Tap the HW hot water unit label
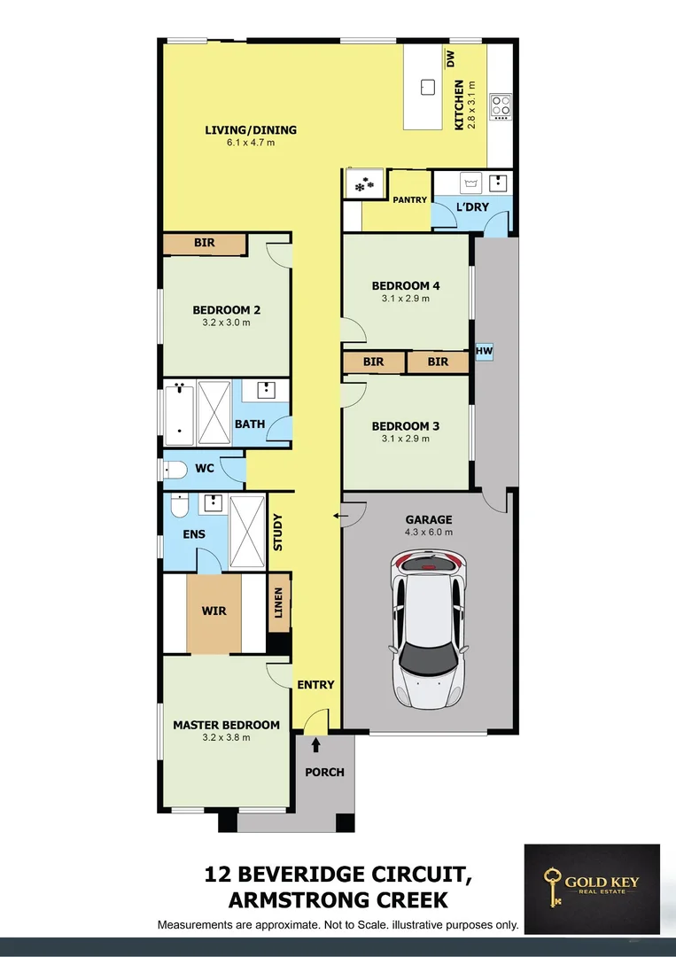tap(484, 352)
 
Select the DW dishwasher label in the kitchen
tap(450, 59)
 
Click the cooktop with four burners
tap(501, 106)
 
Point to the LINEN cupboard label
tap(279, 603)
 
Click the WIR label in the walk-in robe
tap(214, 611)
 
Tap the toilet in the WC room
tap(175, 468)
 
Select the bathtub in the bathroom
tap(179, 413)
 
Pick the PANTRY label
tap(410, 200)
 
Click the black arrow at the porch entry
tap(315, 746)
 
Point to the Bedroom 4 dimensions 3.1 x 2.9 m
tap(405, 299)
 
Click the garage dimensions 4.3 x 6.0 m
tap(429, 533)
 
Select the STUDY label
tap(278, 533)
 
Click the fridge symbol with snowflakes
tap(363, 185)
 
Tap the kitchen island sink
tap(428, 87)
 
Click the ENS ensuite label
tap(194, 534)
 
